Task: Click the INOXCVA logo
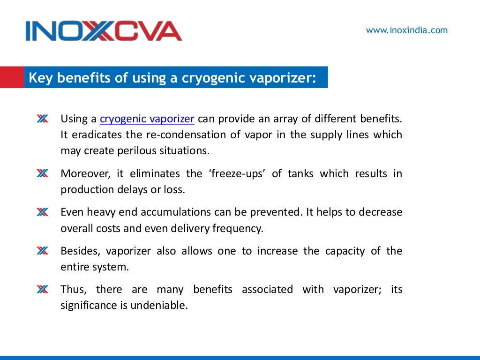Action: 104,31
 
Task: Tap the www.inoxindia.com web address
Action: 406,30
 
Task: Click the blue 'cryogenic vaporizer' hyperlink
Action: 147,119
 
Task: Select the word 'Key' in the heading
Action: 39,78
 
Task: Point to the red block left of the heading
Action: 12,77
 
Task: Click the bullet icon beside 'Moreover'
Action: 42,174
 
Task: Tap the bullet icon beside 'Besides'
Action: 42,251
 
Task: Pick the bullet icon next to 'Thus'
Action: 42,290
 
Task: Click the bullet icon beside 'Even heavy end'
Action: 42,212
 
